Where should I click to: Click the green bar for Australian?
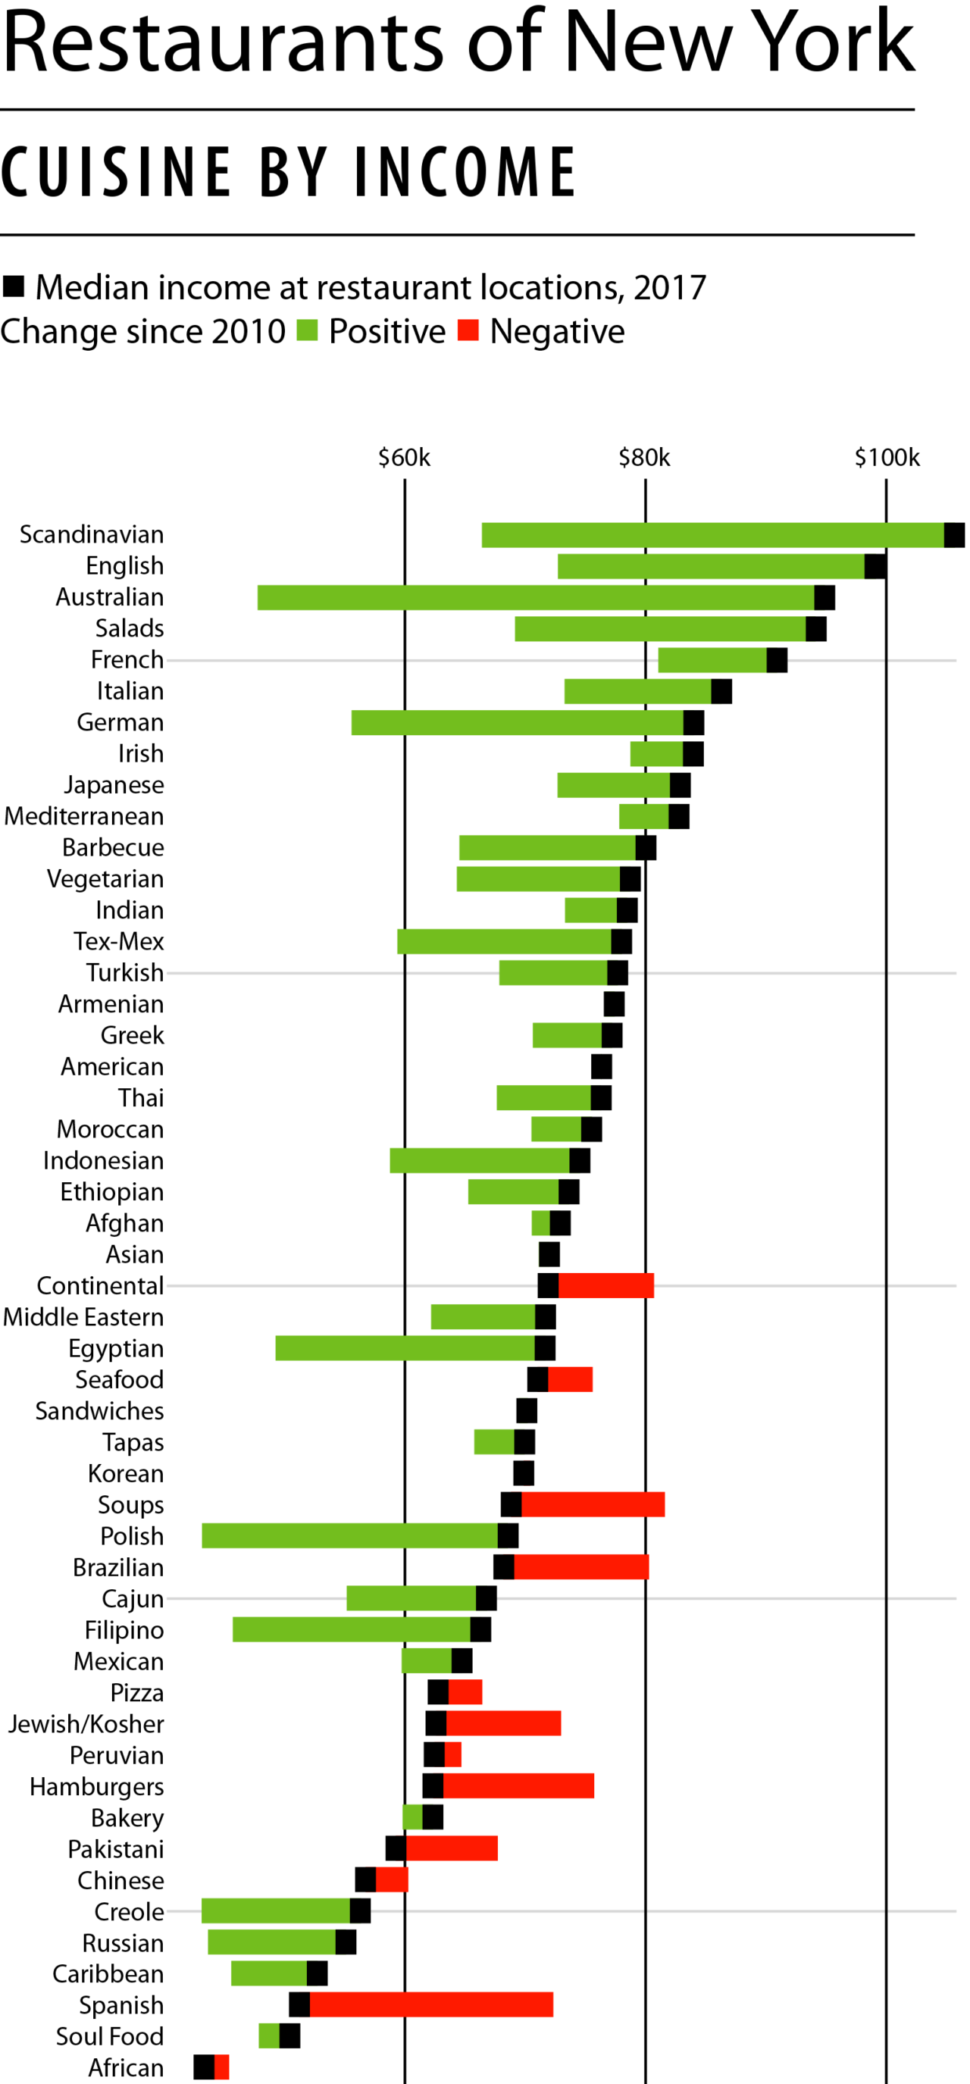pos(536,597)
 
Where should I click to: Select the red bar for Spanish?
pos(431,2004)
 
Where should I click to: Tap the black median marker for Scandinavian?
pos(954,535)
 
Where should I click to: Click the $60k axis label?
pos(405,458)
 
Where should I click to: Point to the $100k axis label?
pos(887,458)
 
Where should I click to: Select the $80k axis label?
pos(644,458)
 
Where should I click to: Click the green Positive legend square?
pos(308,330)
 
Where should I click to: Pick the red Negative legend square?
pos(468,330)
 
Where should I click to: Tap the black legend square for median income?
pos(13,286)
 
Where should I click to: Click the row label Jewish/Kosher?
pos(86,1724)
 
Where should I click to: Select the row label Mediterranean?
pos(84,816)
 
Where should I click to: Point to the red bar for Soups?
pos(593,1504)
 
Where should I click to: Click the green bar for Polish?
pos(349,1535)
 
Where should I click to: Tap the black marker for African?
pos(204,2067)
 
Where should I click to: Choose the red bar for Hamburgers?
pos(518,1785)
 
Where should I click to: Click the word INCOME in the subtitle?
pos(465,172)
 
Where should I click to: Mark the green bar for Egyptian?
pos(405,1348)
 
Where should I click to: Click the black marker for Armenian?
pos(614,1004)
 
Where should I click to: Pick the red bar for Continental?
pos(606,1285)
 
